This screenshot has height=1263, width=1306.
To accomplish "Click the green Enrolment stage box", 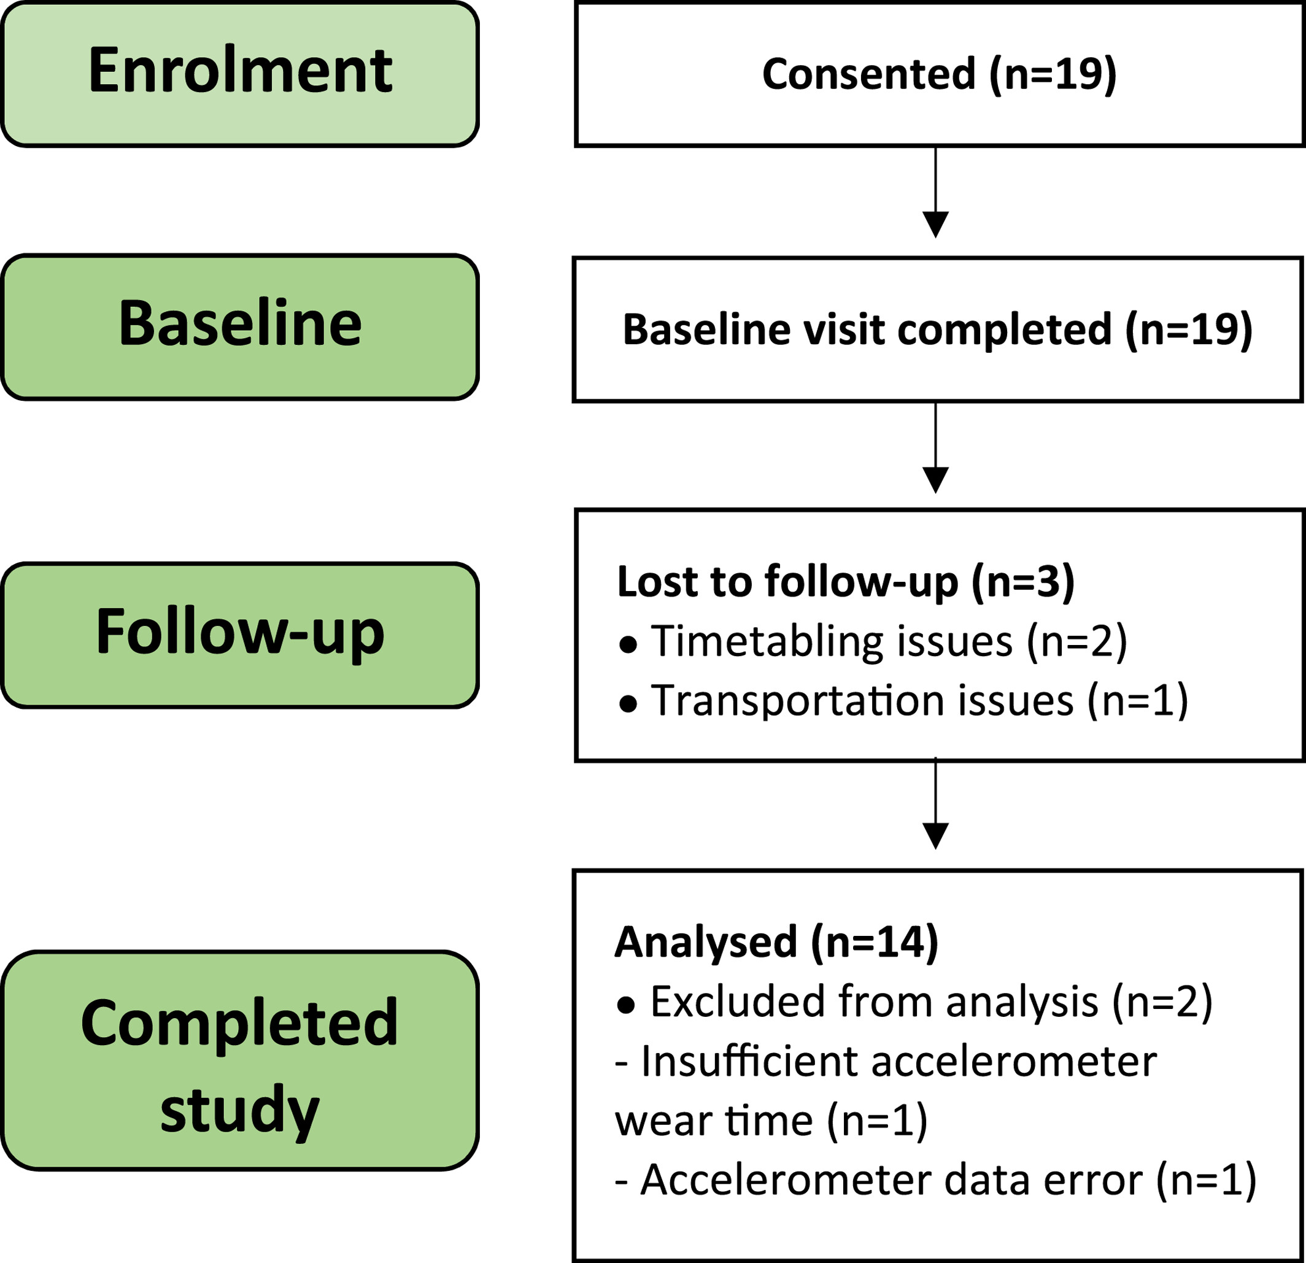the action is (x=240, y=74).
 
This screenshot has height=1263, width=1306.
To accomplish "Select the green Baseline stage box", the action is (x=240, y=327).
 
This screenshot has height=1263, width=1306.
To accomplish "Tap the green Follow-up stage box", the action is (x=240, y=635).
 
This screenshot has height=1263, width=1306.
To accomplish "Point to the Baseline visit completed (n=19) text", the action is (x=938, y=330).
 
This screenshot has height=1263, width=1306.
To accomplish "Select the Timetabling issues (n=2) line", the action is (x=889, y=641).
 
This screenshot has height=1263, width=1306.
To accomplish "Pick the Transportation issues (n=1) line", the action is (x=919, y=701).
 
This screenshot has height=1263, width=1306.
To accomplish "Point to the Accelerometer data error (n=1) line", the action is (x=935, y=1180).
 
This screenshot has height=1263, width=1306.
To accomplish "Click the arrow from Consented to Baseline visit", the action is (x=935, y=192).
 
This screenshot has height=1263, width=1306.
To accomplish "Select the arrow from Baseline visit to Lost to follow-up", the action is (x=935, y=447).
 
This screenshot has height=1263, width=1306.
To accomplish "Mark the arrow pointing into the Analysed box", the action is (x=935, y=803).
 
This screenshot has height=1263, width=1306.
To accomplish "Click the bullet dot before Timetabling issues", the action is (x=628, y=645).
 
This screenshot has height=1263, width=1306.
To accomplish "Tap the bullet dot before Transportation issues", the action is (x=628, y=704).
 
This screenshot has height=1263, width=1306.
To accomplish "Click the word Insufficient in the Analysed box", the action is (x=749, y=1061).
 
